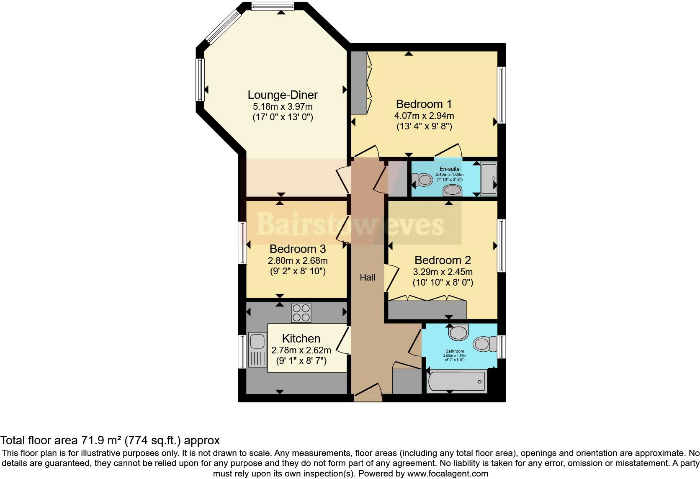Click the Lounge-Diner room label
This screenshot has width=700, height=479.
[283, 95]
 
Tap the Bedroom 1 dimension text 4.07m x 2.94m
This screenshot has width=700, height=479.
[424, 116]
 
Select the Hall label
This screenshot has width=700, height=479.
[367, 277]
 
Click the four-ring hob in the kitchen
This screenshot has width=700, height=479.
[301, 313]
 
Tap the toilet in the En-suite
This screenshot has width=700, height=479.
[423, 180]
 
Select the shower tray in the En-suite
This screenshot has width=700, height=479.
[488, 179]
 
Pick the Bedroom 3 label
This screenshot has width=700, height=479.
[298, 249]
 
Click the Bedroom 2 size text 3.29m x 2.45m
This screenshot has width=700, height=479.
[443, 272]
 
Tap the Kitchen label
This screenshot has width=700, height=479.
[301, 338]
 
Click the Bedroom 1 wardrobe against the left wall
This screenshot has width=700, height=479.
[358, 82]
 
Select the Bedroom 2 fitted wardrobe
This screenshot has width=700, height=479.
[427, 309]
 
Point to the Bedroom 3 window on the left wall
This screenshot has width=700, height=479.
[242, 243]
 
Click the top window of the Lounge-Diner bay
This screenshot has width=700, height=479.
[273, 6]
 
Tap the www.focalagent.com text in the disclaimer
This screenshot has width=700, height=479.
[448, 474]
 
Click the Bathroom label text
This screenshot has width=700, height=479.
[454, 351]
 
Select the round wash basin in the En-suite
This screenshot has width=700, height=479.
[452, 191]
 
